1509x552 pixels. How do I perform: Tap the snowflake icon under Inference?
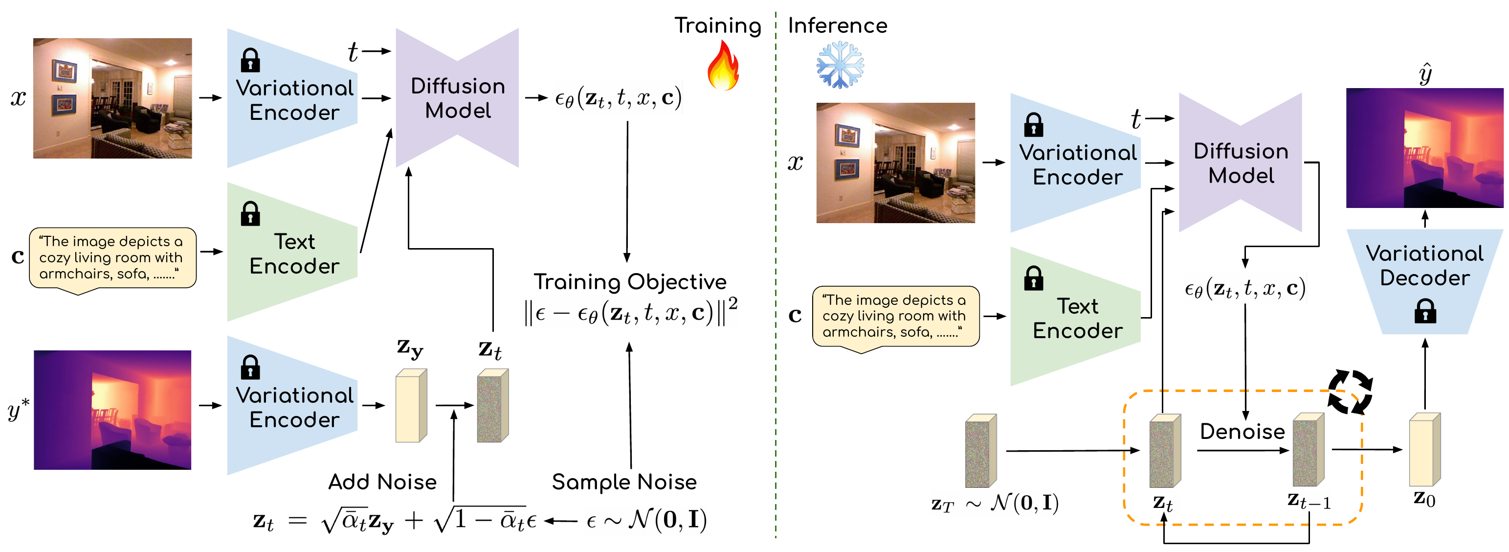point(840,65)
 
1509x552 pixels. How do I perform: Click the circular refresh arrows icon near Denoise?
point(1350,391)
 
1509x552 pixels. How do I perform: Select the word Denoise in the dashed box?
point(1242,431)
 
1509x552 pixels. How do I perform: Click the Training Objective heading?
point(630,282)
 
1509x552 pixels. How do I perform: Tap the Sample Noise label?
point(624,482)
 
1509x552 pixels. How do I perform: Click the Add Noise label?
point(382,482)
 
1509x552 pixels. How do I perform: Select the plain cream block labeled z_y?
point(411,406)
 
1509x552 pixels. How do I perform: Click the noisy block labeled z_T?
point(980,451)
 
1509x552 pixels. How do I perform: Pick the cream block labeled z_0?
point(1424,450)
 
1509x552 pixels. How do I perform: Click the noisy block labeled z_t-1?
point(1308,450)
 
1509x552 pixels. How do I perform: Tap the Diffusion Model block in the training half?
point(458,98)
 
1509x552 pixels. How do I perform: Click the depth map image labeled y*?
point(112,410)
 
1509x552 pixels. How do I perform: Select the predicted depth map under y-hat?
point(1424,148)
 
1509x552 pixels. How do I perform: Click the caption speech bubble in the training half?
point(112,258)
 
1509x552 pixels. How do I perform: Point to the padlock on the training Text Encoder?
point(250,214)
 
